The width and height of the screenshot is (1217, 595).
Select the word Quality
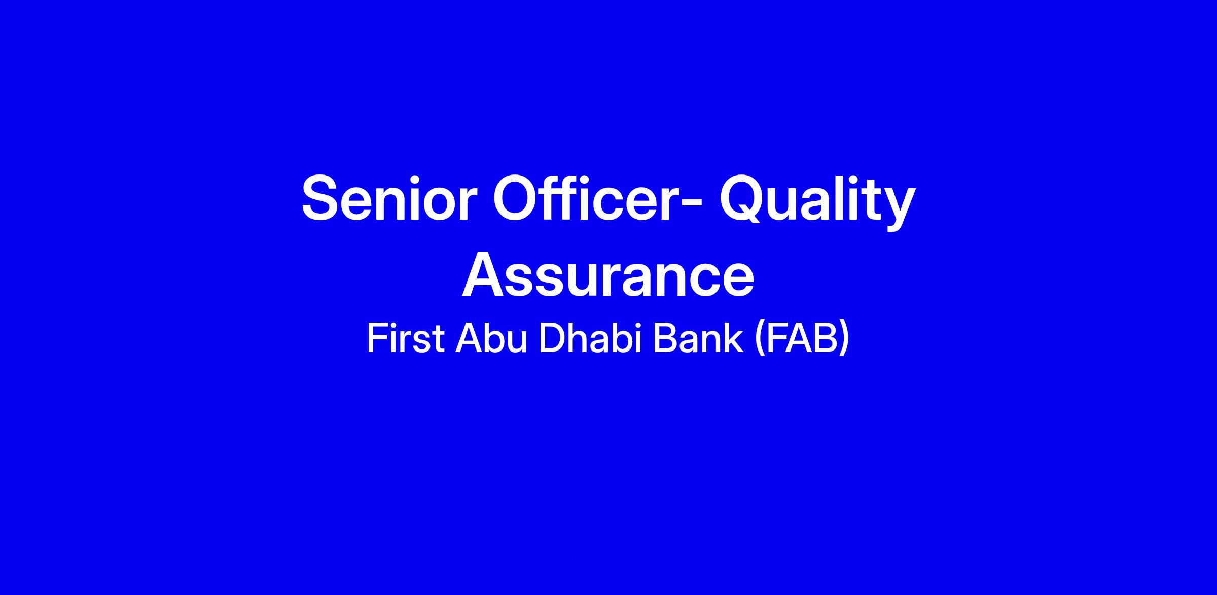tap(817, 201)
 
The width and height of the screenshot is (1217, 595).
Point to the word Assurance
tap(608, 274)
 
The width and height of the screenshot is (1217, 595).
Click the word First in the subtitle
tap(406, 338)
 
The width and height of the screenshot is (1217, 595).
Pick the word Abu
tap(491, 338)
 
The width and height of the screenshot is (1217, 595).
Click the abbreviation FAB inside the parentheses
tap(802, 338)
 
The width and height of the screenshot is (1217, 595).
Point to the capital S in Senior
tap(322, 198)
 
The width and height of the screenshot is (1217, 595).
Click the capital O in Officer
tap(517, 198)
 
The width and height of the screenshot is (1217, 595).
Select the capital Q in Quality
tap(745, 200)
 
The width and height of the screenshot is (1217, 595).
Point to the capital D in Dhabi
tap(552, 338)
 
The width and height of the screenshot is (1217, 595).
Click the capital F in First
tap(377, 338)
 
